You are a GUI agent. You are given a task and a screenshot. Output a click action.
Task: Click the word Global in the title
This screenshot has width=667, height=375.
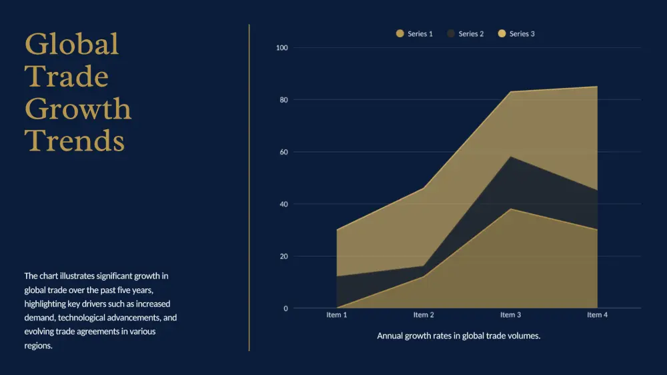(72, 44)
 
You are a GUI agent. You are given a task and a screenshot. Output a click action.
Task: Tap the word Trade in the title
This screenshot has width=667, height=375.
(67, 77)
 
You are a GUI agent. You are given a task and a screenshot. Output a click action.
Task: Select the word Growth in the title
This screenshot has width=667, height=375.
(78, 109)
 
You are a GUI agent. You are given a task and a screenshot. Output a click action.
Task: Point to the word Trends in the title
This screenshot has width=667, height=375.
(75, 141)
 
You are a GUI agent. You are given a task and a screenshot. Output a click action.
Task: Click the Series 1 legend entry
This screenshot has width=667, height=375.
(415, 33)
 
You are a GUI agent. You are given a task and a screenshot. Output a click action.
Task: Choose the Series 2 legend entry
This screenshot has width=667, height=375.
(466, 33)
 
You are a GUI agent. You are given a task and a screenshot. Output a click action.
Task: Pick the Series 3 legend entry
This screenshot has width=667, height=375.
(517, 33)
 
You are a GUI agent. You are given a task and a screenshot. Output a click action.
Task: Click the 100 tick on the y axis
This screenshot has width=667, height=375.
(281, 48)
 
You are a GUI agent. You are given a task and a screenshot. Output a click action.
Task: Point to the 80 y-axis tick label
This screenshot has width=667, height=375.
(283, 100)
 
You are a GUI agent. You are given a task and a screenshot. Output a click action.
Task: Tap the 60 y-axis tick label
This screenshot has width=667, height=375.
(283, 152)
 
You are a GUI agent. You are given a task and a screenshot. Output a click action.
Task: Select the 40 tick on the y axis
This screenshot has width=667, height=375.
(283, 204)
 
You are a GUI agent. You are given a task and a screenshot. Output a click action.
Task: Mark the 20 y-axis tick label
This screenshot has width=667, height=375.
(283, 256)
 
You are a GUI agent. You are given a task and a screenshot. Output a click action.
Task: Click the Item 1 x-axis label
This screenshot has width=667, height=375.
(337, 315)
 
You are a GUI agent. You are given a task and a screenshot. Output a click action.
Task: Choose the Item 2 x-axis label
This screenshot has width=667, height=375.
(424, 315)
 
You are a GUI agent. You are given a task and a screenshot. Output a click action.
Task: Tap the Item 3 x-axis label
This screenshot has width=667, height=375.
(510, 315)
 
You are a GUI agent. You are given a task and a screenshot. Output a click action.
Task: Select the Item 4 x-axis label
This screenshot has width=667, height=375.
(597, 315)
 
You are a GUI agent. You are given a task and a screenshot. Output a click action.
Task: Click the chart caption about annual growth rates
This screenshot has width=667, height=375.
(459, 336)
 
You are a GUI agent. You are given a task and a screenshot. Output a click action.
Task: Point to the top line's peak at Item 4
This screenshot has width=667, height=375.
(597, 87)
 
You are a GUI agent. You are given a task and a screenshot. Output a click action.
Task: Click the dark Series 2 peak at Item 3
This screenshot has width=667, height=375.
(510, 157)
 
